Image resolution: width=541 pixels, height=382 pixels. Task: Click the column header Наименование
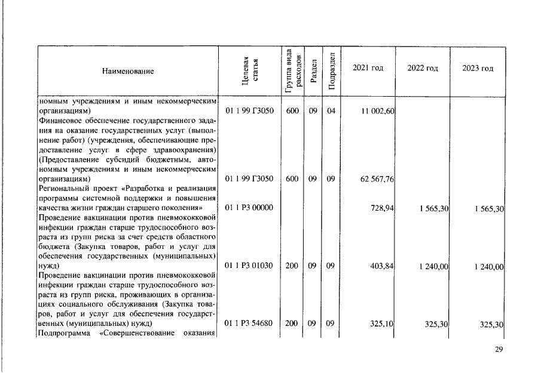click(128, 72)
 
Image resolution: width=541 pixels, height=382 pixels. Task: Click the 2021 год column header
click(368, 68)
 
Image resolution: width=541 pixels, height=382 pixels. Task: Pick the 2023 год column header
click(478, 68)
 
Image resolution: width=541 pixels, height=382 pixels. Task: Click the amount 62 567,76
click(377, 180)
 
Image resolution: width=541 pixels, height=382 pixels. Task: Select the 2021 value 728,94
click(382, 207)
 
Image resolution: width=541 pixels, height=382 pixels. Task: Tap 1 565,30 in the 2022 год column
click(432, 207)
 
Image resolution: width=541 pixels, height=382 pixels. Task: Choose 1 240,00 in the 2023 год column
click(487, 266)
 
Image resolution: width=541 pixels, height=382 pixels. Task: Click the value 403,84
click(382, 266)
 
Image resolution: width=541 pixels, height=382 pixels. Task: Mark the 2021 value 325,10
click(382, 324)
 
